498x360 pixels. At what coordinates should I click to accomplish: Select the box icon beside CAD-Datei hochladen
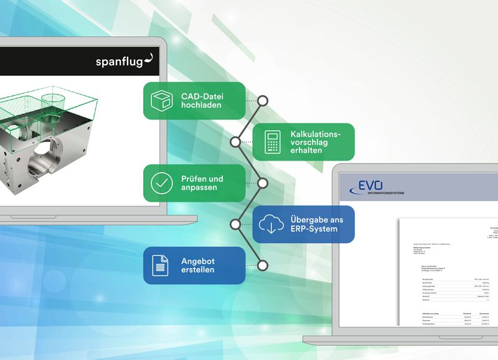[161, 100]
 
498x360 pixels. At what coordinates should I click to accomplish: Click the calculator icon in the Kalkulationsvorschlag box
[271, 142]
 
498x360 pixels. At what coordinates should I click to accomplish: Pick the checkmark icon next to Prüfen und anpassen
[162, 183]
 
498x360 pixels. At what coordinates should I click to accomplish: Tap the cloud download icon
[271, 224]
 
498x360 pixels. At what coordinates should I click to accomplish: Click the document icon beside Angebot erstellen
[161, 265]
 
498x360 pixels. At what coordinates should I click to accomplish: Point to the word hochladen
[202, 105]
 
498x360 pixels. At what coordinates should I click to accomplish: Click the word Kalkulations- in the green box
[316, 134]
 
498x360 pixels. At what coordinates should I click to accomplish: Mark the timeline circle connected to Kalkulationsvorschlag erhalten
[235, 142]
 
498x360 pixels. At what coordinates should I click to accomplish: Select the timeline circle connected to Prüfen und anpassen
[263, 183]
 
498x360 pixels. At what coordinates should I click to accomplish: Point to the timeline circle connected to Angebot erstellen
[263, 265]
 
